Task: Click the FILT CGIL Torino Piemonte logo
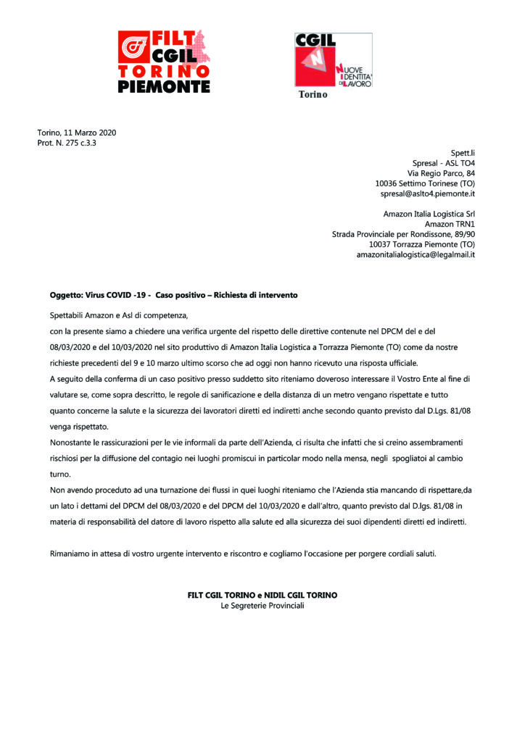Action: click(x=164, y=62)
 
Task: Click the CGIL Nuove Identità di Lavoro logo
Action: click(x=333, y=60)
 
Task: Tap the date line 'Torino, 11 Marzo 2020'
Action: click(x=77, y=133)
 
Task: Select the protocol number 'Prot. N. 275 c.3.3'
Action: click(x=67, y=143)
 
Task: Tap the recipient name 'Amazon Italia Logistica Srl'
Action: click(x=429, y=214)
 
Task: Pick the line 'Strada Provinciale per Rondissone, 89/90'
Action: click(x=403, y=234)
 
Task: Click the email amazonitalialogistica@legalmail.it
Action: click(x=416, y=254)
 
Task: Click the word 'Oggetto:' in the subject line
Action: click(x=67, y=296)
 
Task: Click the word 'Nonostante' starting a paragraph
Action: click(x=72, y=441)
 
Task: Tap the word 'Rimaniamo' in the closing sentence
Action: click(x=72, y=554)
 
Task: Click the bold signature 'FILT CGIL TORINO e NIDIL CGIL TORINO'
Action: click(x=262, y=595)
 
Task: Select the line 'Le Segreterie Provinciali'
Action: click(x=262, y=605)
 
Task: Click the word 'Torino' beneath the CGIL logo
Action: click(x=313, y=95)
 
